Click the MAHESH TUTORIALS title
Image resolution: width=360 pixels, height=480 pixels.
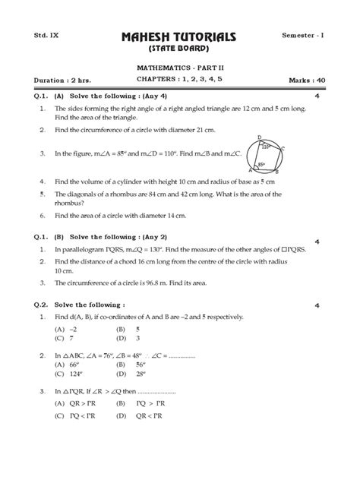179,37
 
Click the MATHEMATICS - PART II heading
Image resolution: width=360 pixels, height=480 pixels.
180,68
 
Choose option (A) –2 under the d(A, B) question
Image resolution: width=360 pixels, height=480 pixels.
67,329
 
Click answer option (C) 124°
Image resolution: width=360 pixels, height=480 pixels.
71,373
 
